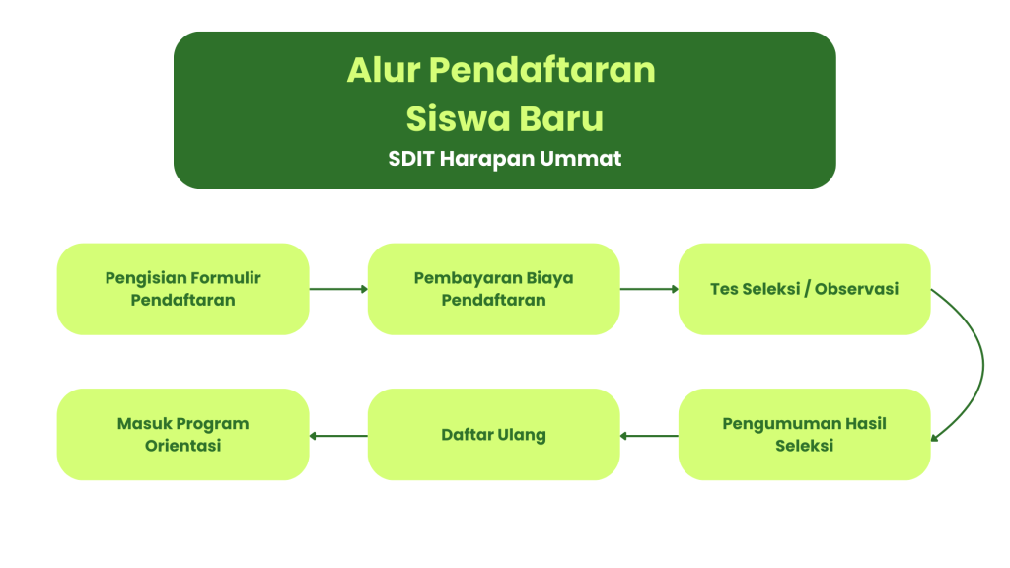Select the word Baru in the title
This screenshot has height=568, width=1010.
point(561,118)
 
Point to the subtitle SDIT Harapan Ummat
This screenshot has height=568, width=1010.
point(505,159)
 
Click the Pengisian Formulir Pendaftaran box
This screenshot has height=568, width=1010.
point(182,289)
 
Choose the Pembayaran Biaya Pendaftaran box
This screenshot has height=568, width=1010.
point(493,289)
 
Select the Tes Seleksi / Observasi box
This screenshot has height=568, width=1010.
point(805,289)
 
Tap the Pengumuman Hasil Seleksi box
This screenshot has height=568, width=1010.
point(805,435)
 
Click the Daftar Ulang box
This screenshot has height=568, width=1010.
point(493,435)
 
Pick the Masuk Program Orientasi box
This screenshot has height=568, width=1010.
point(182,435)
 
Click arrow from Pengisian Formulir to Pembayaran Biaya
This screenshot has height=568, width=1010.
point(339,289)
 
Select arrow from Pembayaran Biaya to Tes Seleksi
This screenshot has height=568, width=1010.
point(649,289)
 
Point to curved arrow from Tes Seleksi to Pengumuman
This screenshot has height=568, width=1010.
point(983,365)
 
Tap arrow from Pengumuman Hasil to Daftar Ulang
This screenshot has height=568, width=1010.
point(649,436)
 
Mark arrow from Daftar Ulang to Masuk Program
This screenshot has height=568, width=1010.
point(339,436)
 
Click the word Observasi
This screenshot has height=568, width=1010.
point(857,289)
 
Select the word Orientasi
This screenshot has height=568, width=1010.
point(182,446)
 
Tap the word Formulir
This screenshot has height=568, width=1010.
point(226,278)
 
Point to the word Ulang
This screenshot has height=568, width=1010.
point(522,436)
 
